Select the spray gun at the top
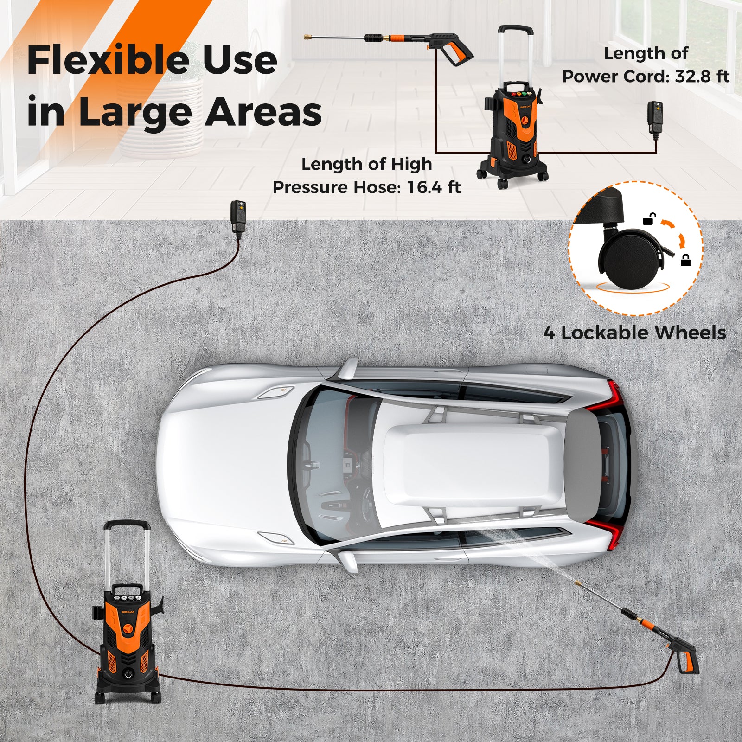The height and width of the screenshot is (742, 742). click(x=445, y=45)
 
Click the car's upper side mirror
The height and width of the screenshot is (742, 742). click(x=348, y=369)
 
